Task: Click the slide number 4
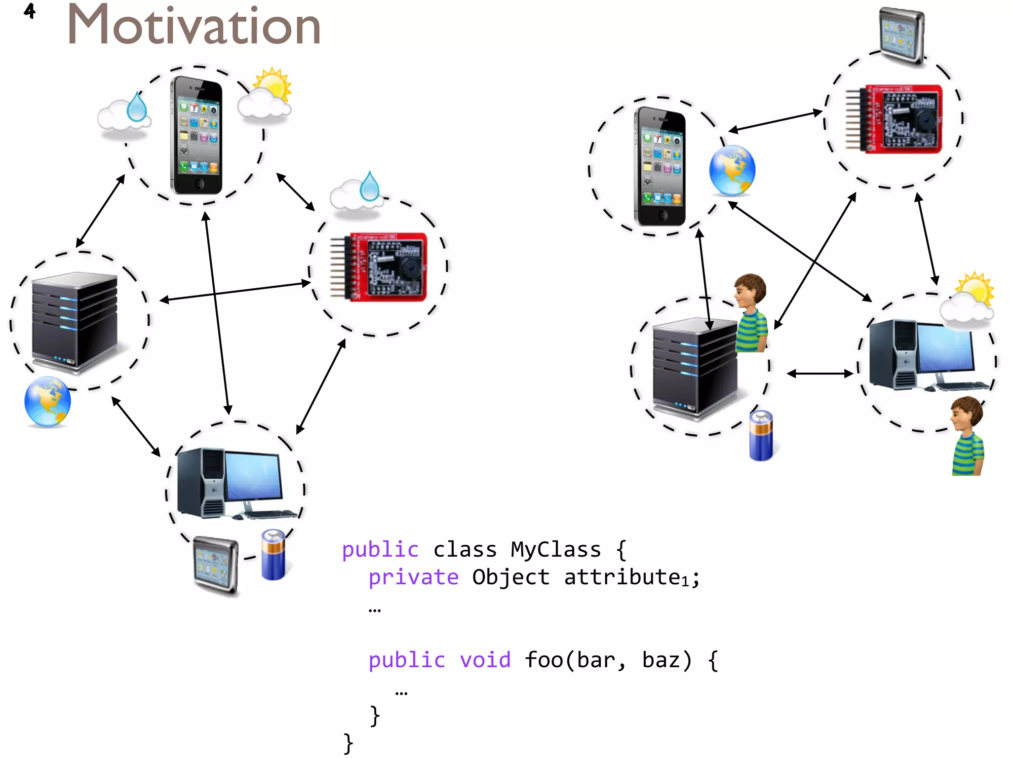pos(30,11)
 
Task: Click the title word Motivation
pos(194,26)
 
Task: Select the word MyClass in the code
pos(555,549)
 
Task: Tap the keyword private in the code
pos(414,577)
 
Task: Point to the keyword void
pos(485,660)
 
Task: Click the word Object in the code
pos(510,577)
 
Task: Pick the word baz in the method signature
pos(666,660)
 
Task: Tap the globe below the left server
pos(47,402)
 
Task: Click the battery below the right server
pos(761,436)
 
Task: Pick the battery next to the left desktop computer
pos(273,554)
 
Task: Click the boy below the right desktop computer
pos(968,435)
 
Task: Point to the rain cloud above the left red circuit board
pos(357,194)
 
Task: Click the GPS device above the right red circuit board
pos(902,36)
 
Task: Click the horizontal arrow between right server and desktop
pos(820,374)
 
